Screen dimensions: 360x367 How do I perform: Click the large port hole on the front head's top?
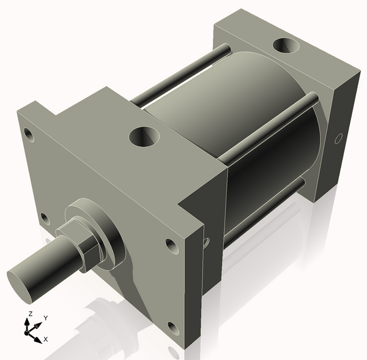coord(145,135)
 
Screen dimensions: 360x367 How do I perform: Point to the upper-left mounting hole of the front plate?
coord(28,132)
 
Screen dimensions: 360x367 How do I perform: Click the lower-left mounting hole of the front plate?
coord(43,217)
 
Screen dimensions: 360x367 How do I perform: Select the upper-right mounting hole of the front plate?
coord(171,246)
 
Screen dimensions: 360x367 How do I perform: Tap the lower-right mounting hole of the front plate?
coord(174,328)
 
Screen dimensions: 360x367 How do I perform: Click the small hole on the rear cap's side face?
coord(337,139)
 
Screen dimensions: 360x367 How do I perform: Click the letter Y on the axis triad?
coord(45,318)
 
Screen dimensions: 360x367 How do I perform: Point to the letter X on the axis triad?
coord(46,339)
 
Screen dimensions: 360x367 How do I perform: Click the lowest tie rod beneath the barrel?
coord(263,211)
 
